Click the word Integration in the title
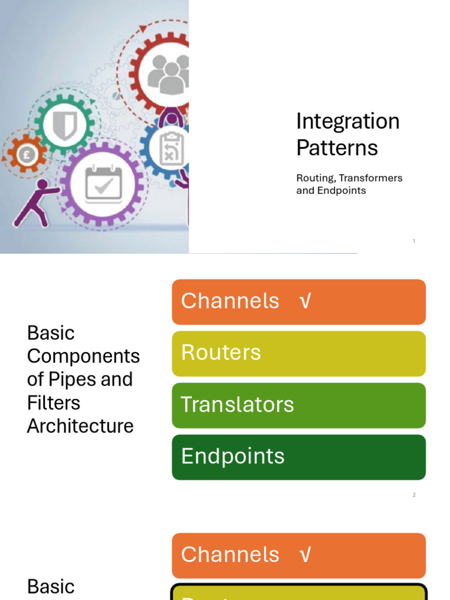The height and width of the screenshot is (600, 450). pyautogui.click(x=347, y=122)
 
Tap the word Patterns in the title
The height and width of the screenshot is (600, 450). pyautogui.click(x=337, y=148)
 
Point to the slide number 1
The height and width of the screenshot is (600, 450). pyautogui.click(x=414, y=241)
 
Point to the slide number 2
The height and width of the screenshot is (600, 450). pyautogui.click(x=414, y=495)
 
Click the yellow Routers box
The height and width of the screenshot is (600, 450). pyautogui.click(x=298, y=353)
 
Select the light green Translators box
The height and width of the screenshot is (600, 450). pyautogui.click(x=298, y=405)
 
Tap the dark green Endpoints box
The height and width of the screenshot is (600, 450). pyautogui.click(x=298, y=457)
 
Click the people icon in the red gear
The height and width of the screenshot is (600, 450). pyautogui.click(x=169, y=73)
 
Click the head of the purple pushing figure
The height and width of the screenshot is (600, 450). pyautogui.click(x=42, y=185)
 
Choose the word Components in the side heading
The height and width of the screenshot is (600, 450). pyautogui.click(x=83, y=356)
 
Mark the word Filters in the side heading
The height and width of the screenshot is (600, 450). pyautogui.click(x=53, y=403)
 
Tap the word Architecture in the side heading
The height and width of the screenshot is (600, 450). pyautogui.click(x=80, y=426)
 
